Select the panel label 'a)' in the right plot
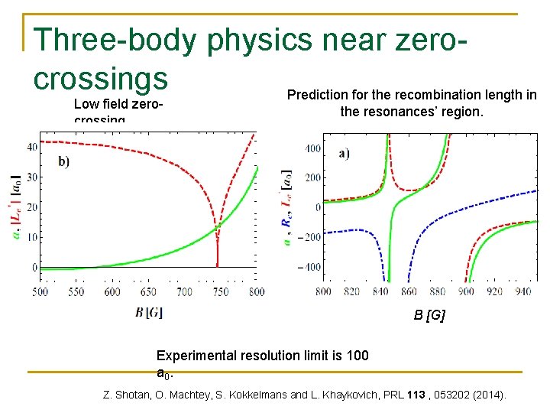(x=345, y=153)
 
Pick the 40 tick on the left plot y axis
(x=33, y=146)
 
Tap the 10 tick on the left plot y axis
(x=33, y=237)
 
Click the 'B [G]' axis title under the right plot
(x=429, y=315)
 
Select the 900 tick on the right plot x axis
(x=467, y=291)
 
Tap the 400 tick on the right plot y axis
(x=312, y=148)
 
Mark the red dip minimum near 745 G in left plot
(x=217, y=265)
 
